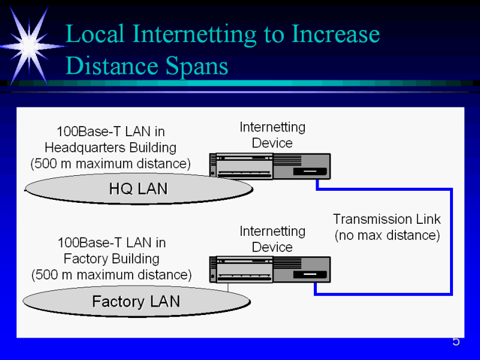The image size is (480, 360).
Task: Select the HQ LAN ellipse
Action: [139, 189]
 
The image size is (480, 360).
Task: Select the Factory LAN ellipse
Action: [136, 301]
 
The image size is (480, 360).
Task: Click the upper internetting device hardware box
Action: [270, 166]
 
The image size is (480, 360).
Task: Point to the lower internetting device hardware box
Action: [270, 270]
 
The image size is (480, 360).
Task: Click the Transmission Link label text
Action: [387, 219]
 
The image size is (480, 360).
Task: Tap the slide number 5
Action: [456, 342]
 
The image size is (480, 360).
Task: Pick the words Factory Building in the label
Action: [112, 259]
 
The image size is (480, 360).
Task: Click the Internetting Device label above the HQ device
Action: [272, 135]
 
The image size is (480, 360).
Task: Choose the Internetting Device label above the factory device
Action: [272, 239]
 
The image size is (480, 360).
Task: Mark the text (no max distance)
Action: [387, 235]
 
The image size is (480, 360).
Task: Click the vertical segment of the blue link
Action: [451, 240]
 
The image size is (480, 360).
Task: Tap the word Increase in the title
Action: [336, 34]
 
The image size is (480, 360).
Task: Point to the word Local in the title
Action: [96, 34]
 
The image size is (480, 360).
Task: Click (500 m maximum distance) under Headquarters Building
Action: [110, 163]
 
